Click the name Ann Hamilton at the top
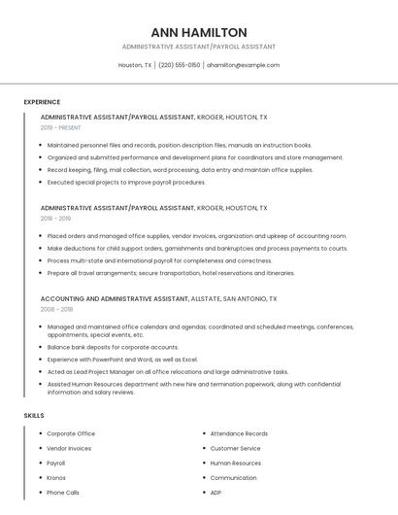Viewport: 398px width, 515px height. tap(199, 32)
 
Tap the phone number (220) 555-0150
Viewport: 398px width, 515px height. tap(180, 65)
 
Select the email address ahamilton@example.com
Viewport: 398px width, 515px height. tap(244, 65)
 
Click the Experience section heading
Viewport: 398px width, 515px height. tap(42, 102)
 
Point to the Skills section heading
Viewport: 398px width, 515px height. tap(34, 416)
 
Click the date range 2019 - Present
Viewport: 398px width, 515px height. tap(61, 127)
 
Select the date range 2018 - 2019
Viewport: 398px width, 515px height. tap(55, 219)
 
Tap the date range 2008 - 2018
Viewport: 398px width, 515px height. tap(56, 310)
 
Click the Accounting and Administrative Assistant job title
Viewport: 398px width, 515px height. tap(115, 299)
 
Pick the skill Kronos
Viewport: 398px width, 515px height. tap(56, 478)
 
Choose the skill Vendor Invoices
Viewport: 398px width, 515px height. tap(69, 449)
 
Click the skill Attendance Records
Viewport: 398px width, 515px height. tap(239, 433)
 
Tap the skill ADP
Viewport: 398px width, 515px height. tap(216, 493)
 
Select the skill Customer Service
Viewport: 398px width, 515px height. tap(235, 449)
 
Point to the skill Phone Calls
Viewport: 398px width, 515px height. tap(63, 493)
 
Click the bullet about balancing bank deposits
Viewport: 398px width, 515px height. tap(113, 347)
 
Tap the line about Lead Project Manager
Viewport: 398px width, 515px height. tap(167, 371)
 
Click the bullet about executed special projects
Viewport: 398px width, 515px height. tap(126, 183)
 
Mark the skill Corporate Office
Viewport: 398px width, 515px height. tap(71, 433)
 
